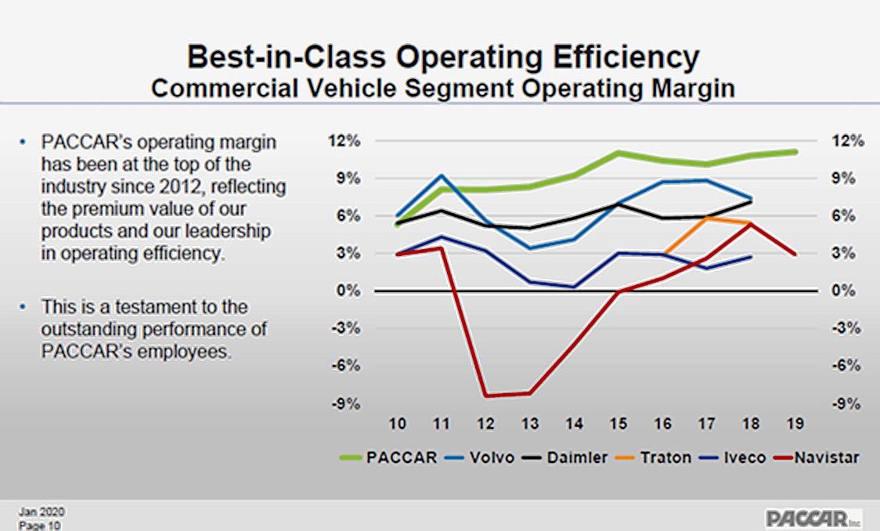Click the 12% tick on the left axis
click(346, 141)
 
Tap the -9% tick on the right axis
click(846, 403)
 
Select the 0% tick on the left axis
click(349, 291)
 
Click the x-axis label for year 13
click(530, 424)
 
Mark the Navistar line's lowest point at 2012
click(486, 395)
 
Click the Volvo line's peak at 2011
click(442, 176)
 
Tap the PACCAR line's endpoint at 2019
click(795, 151)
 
